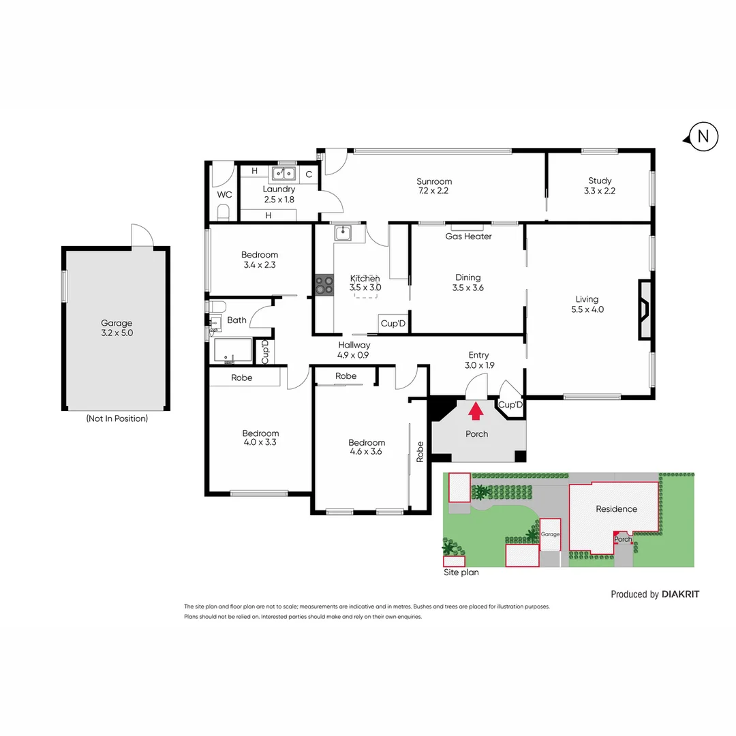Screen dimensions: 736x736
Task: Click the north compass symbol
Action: tap(703, 137)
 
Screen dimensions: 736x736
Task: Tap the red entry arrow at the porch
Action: tap(476, 410)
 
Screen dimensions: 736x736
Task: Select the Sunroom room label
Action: tap(434, 181)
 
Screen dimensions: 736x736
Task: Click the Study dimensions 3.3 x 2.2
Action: tap(600, 191)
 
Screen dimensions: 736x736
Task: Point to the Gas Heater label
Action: tap(468, 236)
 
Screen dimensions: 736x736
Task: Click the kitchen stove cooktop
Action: tap(324, 284)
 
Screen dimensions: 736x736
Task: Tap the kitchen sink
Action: tap(342, 234)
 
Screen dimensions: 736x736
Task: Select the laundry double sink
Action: tap(283, 172)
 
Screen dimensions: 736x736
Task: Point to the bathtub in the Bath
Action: tap(232, 351)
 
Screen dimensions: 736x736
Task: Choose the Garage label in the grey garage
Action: tap(116, 323)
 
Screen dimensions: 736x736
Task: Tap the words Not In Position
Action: tap(117, 418)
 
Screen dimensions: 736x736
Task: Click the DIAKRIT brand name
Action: tap(680, 594)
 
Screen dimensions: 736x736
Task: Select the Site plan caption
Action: tap(461, 572)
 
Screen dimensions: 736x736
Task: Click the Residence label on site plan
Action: tap(616, 509)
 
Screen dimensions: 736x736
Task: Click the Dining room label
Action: tap(467, 277)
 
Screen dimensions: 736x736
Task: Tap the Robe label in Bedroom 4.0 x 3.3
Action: tap(242, 377)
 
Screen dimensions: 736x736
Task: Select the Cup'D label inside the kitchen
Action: tap(393, 324)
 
